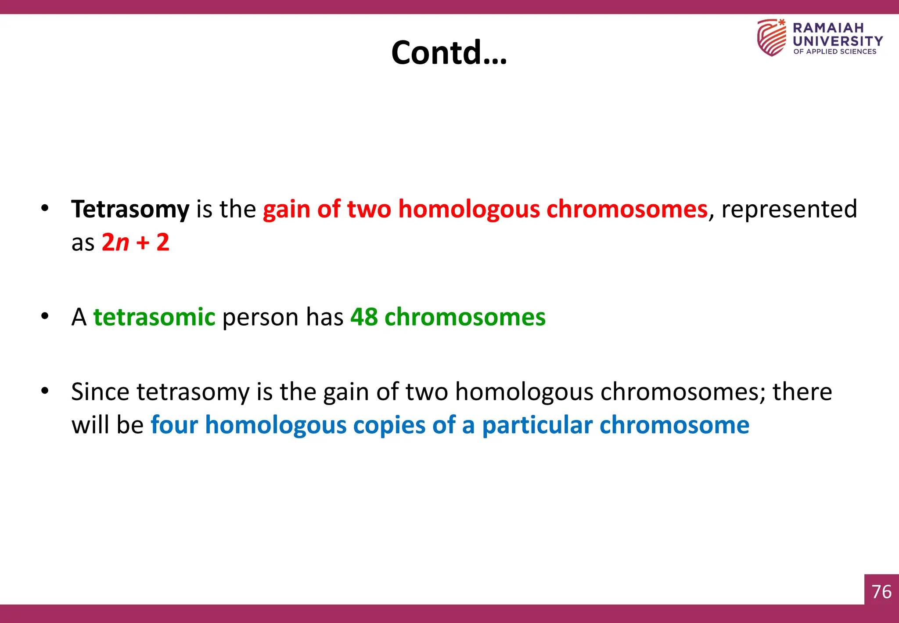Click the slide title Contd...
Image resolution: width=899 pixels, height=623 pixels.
[x=449, y=52]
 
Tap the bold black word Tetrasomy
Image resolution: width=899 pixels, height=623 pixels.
[x=130, y=209]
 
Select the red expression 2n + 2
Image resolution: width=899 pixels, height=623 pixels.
[x=136, y=242]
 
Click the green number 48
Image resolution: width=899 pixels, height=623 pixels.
[x=364, y=317]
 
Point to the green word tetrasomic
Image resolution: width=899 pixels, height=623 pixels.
[x=154, y=317]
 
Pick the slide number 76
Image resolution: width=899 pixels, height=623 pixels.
[x=881, y=591]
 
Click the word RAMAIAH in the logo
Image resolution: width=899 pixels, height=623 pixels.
[x=828, y=28]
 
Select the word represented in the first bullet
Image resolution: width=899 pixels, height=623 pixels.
[x=789, y=209]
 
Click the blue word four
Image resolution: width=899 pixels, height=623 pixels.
[x=174, y=425]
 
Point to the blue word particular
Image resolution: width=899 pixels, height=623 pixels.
[x=537, y=425]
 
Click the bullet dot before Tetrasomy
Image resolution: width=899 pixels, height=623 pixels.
[x=45, y=208]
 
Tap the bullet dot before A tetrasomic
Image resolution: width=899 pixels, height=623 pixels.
[x=45, y=316]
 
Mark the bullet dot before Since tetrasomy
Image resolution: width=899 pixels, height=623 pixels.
[x=45, y=391]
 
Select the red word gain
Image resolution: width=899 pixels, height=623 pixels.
[x=287, y=209]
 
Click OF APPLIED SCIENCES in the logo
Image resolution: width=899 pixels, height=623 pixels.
[x=834, y=51]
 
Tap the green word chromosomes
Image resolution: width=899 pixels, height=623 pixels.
[x=465, y=317]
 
